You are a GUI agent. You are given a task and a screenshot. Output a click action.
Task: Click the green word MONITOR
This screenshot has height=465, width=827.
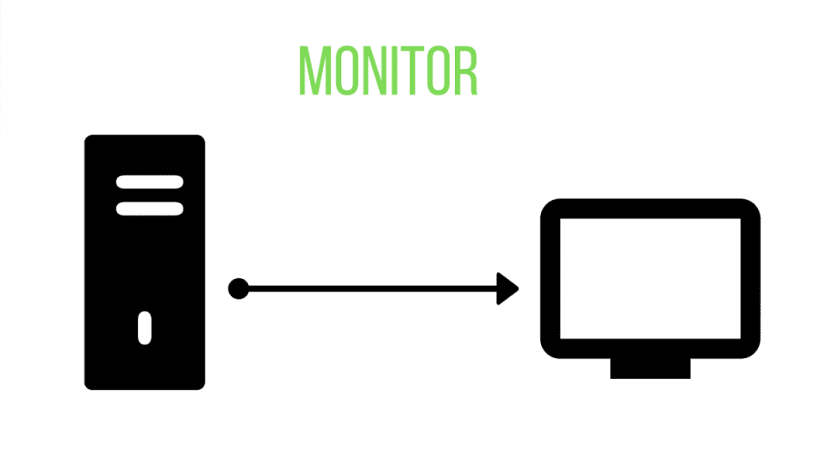click(388, 70)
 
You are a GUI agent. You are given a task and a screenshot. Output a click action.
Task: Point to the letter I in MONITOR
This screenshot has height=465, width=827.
click(392, 70)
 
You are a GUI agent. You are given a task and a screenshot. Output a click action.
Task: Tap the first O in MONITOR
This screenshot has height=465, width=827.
click(345, 70)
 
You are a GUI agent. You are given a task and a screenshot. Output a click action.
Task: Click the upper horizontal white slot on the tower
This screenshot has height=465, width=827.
click(150, 183)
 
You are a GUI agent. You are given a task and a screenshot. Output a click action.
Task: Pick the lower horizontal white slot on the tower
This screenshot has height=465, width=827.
click(150, 208)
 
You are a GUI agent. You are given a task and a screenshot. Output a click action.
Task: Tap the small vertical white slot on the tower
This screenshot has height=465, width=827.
click(145, 327)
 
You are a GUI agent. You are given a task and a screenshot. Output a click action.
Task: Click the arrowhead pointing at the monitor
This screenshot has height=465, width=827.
click(509, 288)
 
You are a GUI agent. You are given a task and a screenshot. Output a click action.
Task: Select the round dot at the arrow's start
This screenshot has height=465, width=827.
click(239, 288)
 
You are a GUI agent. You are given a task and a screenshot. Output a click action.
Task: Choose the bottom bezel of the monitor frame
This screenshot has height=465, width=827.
click(650, 348)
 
